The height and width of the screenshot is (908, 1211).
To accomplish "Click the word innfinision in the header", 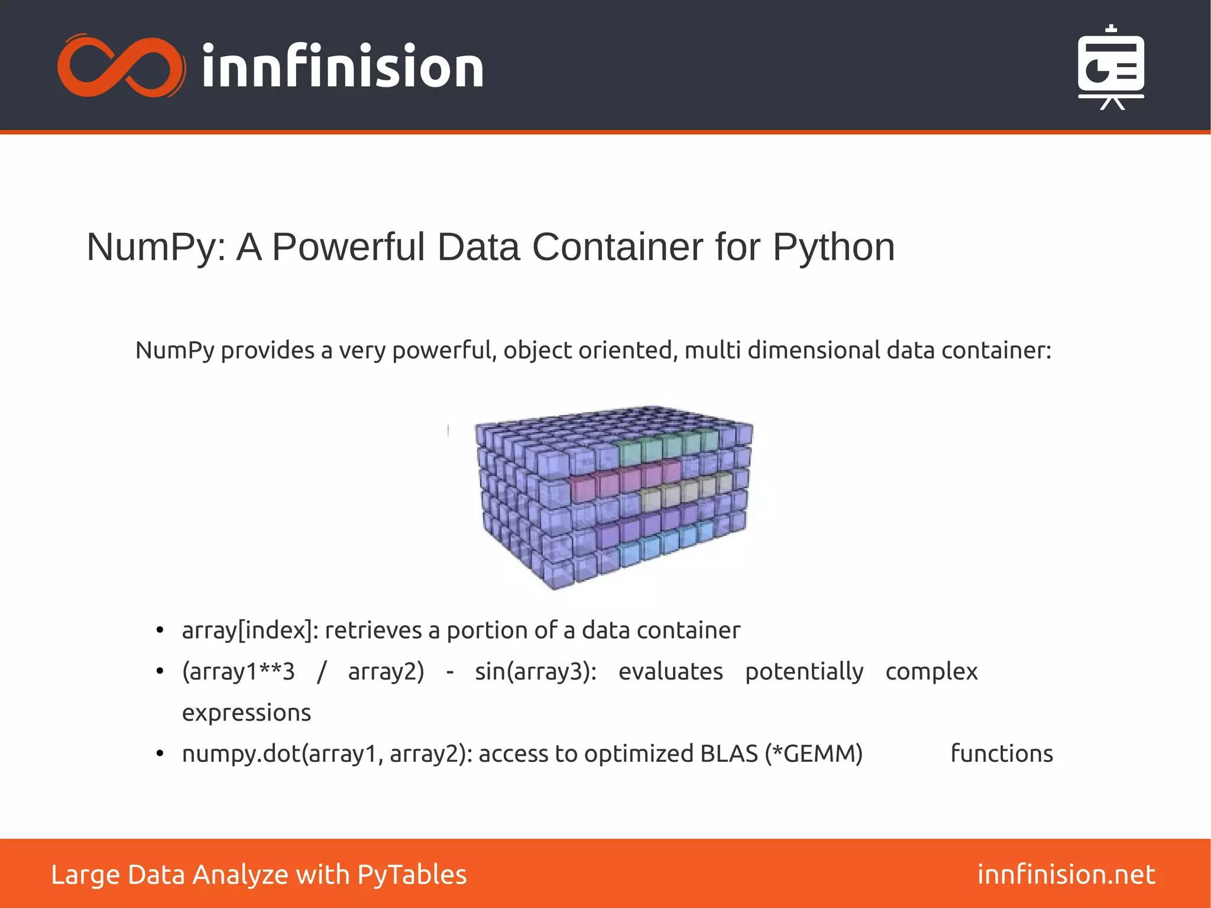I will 343,67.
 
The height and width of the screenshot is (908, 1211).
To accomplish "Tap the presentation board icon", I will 1110,67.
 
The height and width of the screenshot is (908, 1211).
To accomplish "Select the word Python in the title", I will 833,247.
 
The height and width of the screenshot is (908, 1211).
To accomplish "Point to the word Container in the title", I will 617,247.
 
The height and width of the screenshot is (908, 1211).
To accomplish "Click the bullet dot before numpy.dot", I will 160,754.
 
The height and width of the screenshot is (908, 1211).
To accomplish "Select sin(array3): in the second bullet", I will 536,672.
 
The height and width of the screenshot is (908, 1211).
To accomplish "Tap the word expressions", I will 246,713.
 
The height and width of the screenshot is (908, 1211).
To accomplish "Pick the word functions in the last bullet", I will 1001,754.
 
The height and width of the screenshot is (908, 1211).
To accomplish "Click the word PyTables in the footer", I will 412,875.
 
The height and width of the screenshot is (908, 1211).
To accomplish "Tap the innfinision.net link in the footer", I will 1066,875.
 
